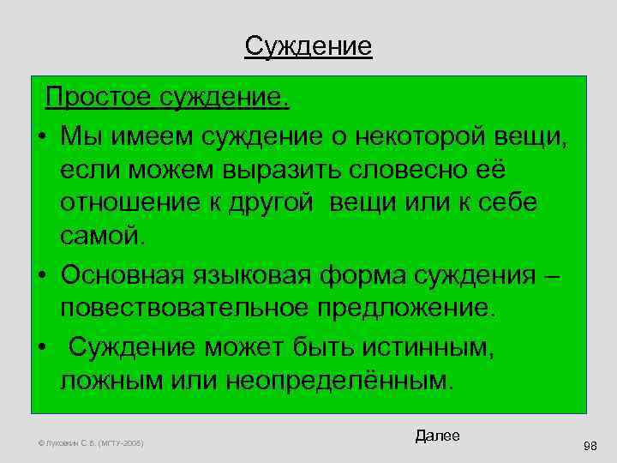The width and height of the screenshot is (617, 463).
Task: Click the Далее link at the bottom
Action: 437,436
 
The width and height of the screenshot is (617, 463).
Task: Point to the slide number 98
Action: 590,446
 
